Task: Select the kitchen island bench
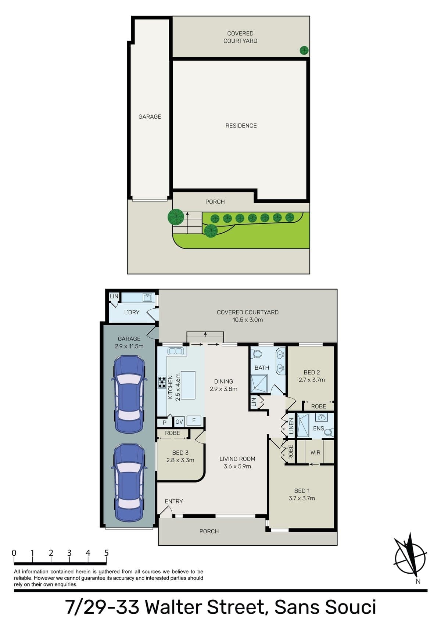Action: point(188,385)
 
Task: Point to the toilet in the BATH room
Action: point(256,354)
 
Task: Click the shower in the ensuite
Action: point(303,426)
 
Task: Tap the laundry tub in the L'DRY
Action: point(147,298)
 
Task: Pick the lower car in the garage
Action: point(129,483)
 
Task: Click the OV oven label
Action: point(179,422)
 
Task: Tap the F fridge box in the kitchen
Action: point(194,420)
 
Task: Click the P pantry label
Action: point(164,422)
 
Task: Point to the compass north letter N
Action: point(418,581)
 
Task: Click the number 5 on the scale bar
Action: point(106,553)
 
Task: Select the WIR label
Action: point(315,452)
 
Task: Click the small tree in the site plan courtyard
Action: point(304,50)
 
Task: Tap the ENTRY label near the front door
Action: point(173,501)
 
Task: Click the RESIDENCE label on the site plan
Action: point(241,126)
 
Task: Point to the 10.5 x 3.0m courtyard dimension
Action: point(248,319)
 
